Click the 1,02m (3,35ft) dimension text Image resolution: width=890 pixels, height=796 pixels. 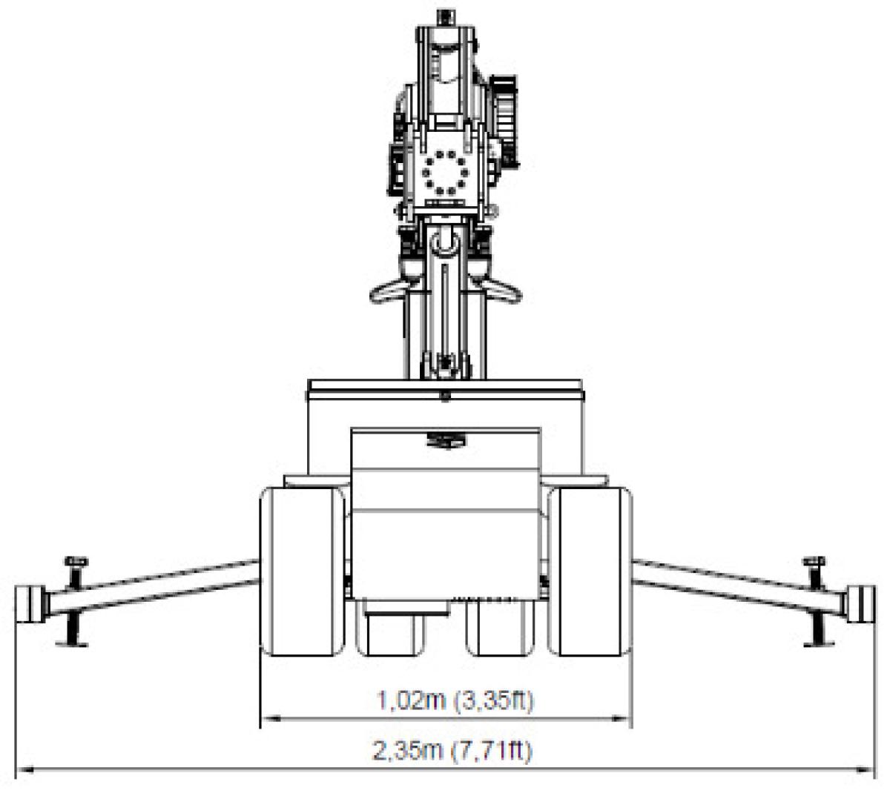455,700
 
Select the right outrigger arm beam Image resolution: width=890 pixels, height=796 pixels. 739,586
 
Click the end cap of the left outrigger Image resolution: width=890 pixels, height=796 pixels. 30,604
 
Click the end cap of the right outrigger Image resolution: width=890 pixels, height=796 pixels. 860,604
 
